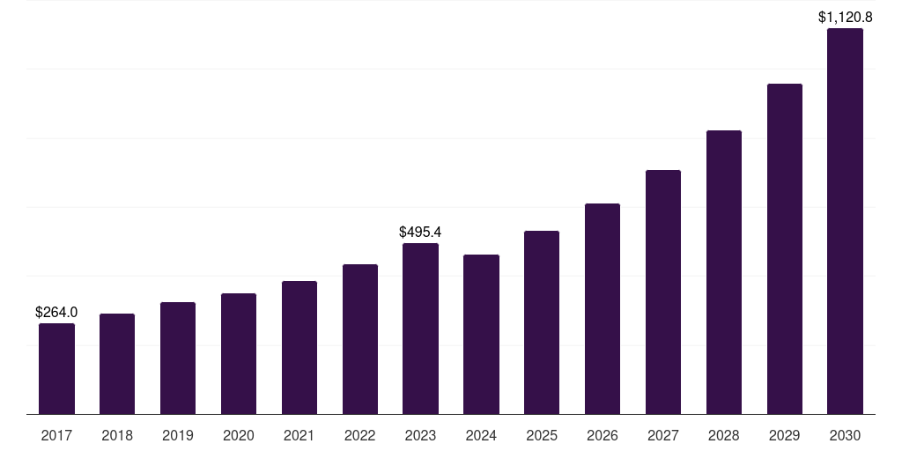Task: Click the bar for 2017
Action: point(56,368)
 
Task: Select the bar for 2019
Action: point(178,358)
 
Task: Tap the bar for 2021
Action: point(299,347)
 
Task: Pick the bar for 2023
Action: point(420,329)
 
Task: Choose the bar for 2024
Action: point(481,334)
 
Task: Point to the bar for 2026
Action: point(603,308)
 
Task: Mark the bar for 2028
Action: point(724,272)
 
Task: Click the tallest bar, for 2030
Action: point(845,221)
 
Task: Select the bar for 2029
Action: point(785,248)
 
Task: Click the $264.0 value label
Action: point(56,312)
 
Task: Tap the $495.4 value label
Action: point(420,232)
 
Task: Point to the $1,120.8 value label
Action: point(845,17)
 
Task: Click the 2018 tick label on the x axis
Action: point(117,435)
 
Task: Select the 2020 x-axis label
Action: point(239,435)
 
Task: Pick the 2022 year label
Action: point(360,435)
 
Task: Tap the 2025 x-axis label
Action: point(542,435)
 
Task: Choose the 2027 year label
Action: point(663,435)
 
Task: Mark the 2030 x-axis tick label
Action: point(845,435)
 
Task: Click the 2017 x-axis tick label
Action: point(56,435)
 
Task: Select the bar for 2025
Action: point(542,322)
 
